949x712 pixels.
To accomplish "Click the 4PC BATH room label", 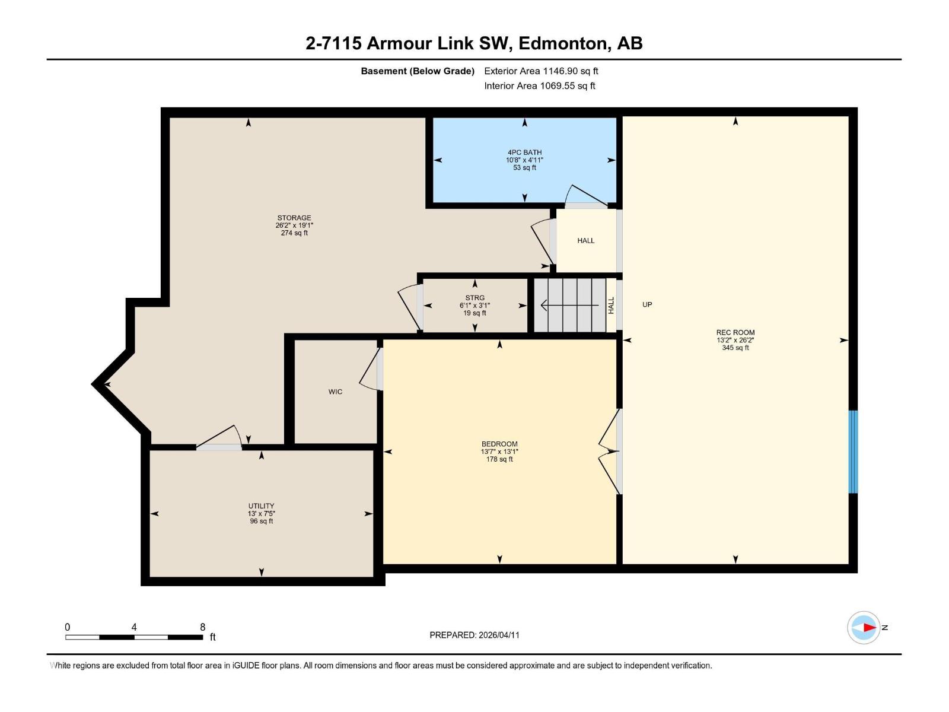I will click(524, 152).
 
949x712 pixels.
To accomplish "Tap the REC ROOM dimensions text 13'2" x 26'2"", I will click(735, 341).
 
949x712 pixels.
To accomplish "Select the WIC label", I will click(335, 392).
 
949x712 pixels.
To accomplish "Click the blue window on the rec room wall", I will click(853, 452).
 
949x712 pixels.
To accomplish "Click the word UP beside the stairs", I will click(647, 304).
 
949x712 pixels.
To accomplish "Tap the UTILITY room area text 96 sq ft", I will click(261, 522).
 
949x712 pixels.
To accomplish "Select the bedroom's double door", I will click(610, 452).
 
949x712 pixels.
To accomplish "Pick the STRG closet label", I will click(474, 298).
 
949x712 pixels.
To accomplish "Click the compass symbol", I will click(864, 627).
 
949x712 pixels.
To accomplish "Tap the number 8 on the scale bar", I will click(202, 627).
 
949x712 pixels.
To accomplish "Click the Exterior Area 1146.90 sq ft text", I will click(541, 71).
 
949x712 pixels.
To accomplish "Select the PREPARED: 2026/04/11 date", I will click(474, 635).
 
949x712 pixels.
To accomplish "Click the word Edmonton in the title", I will click(564, 43).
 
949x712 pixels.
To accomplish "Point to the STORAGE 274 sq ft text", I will click(294, 233).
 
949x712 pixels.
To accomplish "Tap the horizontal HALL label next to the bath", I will click(585, 240).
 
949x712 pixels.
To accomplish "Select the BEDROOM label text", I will click(499, 444).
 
